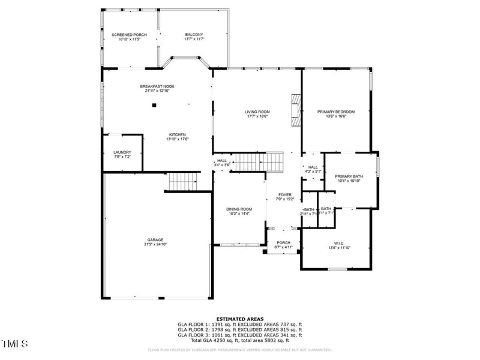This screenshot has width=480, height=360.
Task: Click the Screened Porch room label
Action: pos(129,35)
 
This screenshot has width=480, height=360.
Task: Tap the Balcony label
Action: pos(194,35)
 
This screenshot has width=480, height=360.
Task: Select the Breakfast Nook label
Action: pos(157,86)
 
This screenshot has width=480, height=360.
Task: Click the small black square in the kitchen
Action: pos(154,105)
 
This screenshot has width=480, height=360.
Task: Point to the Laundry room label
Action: pos(122,152)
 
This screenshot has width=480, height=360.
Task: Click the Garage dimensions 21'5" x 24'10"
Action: pos(155,244)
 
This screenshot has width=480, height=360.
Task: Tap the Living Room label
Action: pos(257,112)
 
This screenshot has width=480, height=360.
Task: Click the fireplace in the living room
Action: pos(295,110)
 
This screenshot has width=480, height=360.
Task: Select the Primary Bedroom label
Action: pos(336,112)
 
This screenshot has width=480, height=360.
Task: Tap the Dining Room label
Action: pos(239,209)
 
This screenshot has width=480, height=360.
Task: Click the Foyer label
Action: pos(284,195)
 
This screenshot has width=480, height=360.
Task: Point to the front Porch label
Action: pos(283,243)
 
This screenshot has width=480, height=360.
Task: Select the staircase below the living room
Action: pos(257,161)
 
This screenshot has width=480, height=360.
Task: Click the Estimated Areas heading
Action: pos(239,320)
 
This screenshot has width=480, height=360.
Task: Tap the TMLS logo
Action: pos(15,344)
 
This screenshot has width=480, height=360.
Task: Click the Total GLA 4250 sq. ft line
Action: pos(240,340)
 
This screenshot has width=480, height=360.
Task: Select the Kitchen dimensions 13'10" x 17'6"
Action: pos(177,139)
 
